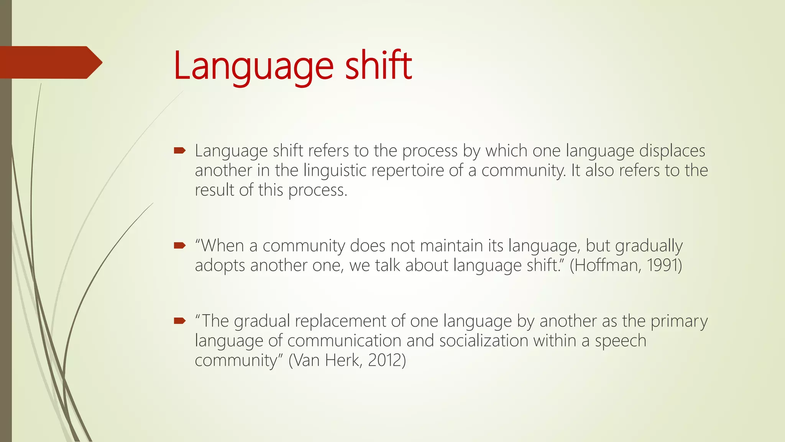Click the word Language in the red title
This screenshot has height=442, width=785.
point(253,66)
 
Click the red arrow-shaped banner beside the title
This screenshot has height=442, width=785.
point(50,63)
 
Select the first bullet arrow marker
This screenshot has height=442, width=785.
point(179,151)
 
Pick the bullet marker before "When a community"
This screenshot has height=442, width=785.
point(179,246)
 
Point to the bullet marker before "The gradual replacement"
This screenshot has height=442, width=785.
point(179,321)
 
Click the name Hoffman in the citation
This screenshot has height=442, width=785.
point(607,265)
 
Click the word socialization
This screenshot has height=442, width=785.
point(484,341)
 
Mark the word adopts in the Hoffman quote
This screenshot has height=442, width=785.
point(220,266)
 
